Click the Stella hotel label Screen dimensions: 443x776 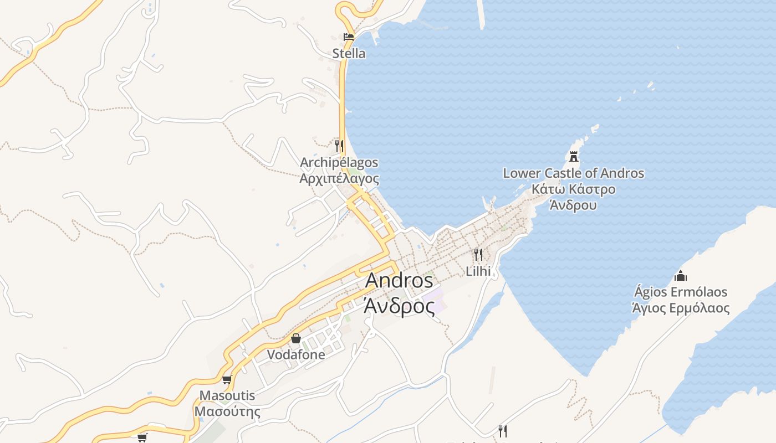click(349, 54)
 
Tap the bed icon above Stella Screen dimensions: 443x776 click(349, 37)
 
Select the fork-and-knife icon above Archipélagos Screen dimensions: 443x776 click(339, 146)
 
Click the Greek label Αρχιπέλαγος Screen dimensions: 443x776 click(339, 179)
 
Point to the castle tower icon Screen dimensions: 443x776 click(574, 156)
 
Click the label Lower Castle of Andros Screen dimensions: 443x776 click(574, 173)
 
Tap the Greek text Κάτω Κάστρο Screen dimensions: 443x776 click(574, 189)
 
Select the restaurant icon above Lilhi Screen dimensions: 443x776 click(478, 255)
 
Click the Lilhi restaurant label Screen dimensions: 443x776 click(478, 271)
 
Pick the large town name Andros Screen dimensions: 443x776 click(399, 281)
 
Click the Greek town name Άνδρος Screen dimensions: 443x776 click(399, 305)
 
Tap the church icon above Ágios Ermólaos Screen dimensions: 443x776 click(681, 275)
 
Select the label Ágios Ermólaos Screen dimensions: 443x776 click(681, 292)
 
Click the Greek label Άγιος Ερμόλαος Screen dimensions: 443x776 click(681, 308)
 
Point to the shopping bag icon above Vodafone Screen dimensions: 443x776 click(296, 338)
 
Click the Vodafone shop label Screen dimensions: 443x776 click(296, 355)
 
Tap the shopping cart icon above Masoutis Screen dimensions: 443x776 click(227, 379)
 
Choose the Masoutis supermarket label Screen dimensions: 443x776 click(227, 396)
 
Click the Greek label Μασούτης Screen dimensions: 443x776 click(227, 413)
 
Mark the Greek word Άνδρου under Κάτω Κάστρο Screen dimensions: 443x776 click(574, 205)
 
